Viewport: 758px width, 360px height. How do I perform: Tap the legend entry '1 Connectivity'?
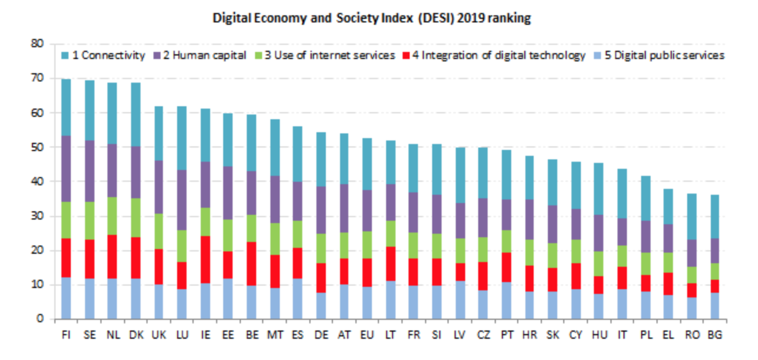coord(103,55)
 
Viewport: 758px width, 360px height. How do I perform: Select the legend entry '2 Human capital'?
coord(200,55)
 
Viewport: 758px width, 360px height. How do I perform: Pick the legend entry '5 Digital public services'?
coord(659,55)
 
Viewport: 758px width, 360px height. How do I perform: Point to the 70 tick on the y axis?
coord(37,78)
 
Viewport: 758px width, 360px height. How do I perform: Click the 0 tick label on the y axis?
coord(40,318)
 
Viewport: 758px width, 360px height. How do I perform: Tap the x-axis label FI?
coord(66,335)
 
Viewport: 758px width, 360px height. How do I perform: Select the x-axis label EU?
coord(367,335)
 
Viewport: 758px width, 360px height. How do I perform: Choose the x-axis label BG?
coord(715,335)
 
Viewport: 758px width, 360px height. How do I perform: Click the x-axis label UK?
coord(159,335)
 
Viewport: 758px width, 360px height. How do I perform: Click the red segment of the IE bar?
coord(205,260)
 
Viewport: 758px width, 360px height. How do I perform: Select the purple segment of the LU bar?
coord(182,200)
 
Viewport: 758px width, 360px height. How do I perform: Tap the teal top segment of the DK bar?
coord(136,114)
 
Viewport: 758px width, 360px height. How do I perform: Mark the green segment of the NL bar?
coord(112,216)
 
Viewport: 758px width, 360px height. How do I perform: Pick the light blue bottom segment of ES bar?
coord(298,299)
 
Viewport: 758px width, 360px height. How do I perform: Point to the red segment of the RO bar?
coord(692,290)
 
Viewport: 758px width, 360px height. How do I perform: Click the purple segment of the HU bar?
coord(599,233)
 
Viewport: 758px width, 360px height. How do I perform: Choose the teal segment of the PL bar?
coord(646,198)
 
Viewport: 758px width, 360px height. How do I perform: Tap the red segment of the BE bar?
coord(251,264)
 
